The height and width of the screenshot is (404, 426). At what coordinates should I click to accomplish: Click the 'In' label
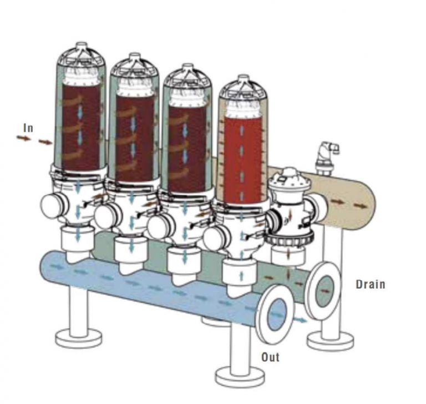click(28, 128)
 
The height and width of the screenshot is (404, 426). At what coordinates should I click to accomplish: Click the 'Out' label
click(270, 357)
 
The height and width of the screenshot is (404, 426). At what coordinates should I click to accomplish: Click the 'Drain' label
click(370, 285)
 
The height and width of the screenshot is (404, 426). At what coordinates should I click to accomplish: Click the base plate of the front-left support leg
click(78, 337)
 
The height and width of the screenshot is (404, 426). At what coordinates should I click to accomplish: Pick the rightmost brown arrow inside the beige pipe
click(361, 206)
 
